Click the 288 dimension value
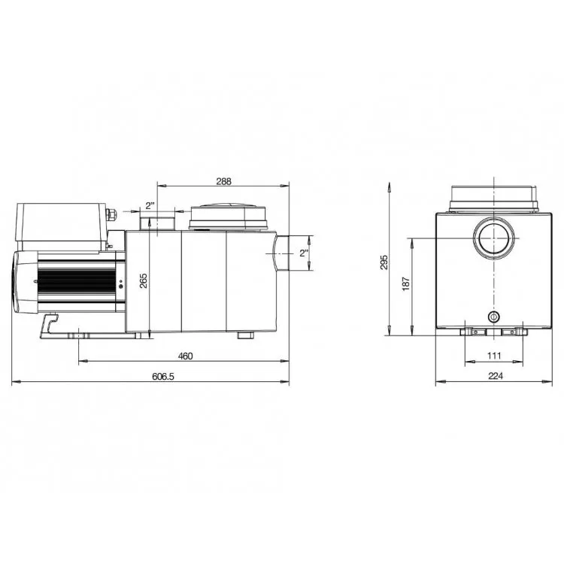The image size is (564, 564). (x=223, y=180)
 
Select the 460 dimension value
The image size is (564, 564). (x=184, y=356)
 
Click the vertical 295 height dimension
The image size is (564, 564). (x=384, y=262)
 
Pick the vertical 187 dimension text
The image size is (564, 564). (x=407, y=284)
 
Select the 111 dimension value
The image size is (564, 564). (x=493, y=356)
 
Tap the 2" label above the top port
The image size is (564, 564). (x=150, y=205)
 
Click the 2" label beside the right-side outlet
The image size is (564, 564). (x=304, y=253)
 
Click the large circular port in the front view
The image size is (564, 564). (x=493, y=238)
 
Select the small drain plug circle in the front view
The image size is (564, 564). (x=493, y=315)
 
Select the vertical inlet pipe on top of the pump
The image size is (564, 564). (x=158, y=223)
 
